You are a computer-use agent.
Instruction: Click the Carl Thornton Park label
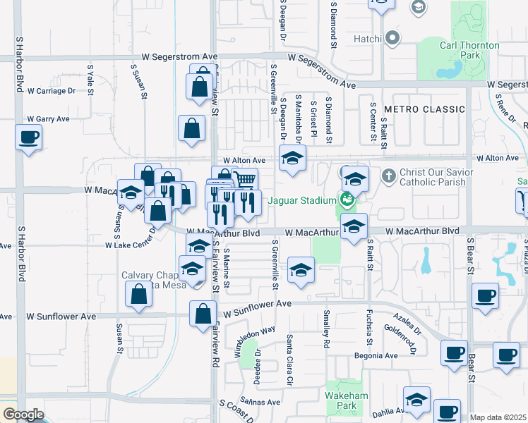pyautogui.click(x=469, y=51)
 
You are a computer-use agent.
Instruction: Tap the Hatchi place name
pyautogui.click(x=366, y=38)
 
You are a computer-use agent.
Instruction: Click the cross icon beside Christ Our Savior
pyautogui.click(x=388, y=175)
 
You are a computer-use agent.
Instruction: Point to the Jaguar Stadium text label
pyautogui.click(x=301, y=200)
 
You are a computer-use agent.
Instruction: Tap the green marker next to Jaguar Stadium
pyautogui.click(x=347, y=200)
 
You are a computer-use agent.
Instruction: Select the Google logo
pyautogui.click(x=23, y=415)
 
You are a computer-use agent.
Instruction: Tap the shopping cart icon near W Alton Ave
pyautogui.click(x=244, y=179)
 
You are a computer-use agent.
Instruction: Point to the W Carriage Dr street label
pyautogui.click(x=51, y=91)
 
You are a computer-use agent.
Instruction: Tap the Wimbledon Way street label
pyautogui.click(x=255, y=341)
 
